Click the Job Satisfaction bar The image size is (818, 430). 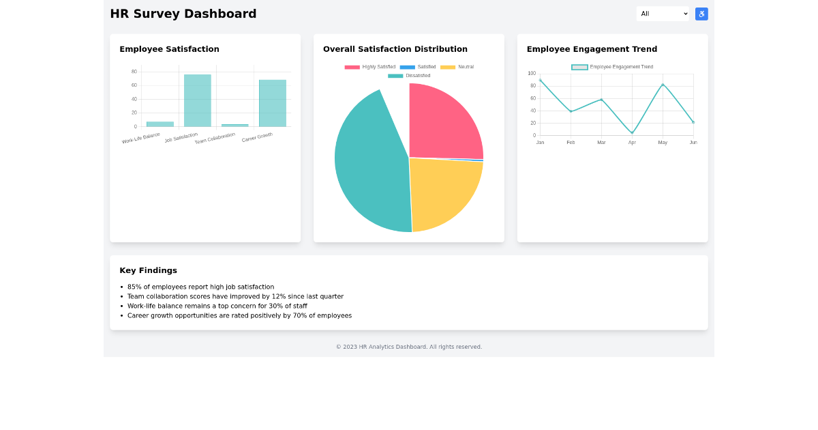[x=197, y=100]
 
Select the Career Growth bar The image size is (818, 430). [x=272, y=103]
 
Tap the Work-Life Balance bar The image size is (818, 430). [x=160, y=124]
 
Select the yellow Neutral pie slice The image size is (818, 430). [x=442, y=190]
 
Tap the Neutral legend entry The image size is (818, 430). [x=457, y=67]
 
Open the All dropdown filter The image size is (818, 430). [x=663, y=14]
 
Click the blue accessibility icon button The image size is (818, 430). [x=701, y=14]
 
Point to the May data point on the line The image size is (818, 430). [x=663, y=85]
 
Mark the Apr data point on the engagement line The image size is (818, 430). [x=632, y=133]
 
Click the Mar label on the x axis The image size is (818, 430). [x=601, y=143]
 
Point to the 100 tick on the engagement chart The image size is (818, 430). [x=532, y=74]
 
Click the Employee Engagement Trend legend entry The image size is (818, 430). [x=612, y=67]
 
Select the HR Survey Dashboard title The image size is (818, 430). [x=183, y=14]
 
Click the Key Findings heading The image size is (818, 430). [x=148, y=270]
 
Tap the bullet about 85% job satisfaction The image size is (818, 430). [x=200, y=287]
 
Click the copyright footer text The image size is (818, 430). [x=409, y=347]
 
